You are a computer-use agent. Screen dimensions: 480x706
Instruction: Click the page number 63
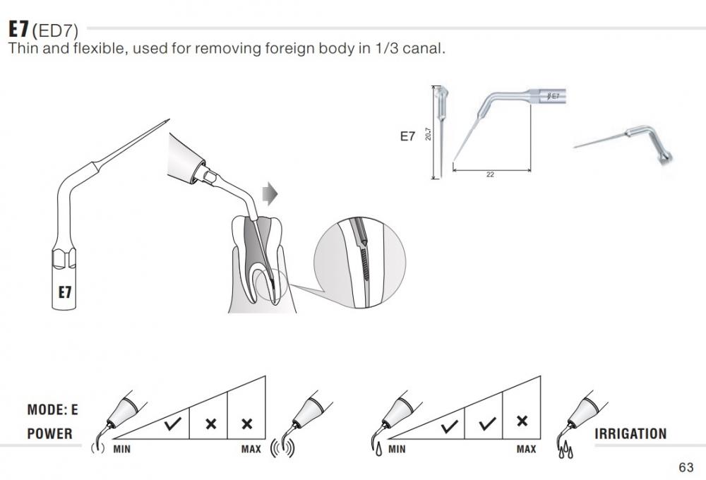[686, 467]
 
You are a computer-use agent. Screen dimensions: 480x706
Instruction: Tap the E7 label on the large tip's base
[64, 291]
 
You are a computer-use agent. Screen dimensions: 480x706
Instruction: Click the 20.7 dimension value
[429, 133]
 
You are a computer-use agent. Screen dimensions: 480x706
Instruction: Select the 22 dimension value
[491, 174]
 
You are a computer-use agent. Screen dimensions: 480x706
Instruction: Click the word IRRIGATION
[630, 433]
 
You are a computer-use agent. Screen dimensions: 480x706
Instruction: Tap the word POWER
[49, 433]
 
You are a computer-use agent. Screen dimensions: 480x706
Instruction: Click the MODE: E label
[53, 409]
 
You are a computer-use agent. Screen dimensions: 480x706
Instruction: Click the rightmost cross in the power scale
[246, 424]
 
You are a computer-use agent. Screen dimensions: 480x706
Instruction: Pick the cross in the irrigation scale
[522, 421]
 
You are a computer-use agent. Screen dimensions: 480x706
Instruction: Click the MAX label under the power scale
[251, 449]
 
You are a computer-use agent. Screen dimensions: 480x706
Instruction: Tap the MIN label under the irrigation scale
[397, 449]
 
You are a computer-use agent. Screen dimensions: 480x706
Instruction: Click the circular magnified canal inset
[359, 262]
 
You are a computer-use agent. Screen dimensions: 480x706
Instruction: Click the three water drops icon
[566, 450]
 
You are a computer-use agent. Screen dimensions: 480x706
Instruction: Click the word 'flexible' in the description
[87, 49]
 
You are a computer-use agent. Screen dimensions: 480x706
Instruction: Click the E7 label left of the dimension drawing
[407, 137]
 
